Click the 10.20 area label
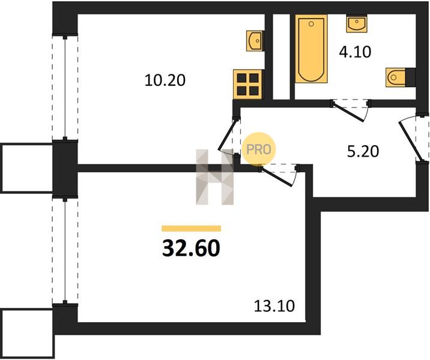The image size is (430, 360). click(165, 80)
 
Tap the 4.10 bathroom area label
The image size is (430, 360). click(355, 52)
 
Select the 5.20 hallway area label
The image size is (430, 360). click(363, 151)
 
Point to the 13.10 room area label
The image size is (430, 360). click(274, 306)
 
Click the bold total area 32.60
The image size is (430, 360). click(191, 248)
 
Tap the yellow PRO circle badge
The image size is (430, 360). click(259, 149)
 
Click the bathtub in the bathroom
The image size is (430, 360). click(311, 49)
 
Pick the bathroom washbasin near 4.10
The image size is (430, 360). click(357, 24)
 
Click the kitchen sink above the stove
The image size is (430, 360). click(254, 41)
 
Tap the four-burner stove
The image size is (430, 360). click(247, 84)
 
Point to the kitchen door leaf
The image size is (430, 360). click(227, 135)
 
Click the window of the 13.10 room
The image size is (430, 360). click(65, 250)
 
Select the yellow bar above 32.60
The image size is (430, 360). click(191, 229)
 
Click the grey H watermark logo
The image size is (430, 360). click(215, 177)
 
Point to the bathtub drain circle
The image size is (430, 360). click(311, 24)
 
